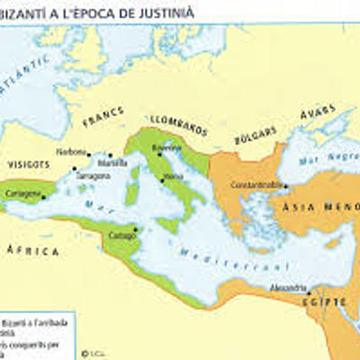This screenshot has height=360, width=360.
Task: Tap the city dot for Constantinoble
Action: tap(284, 185)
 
